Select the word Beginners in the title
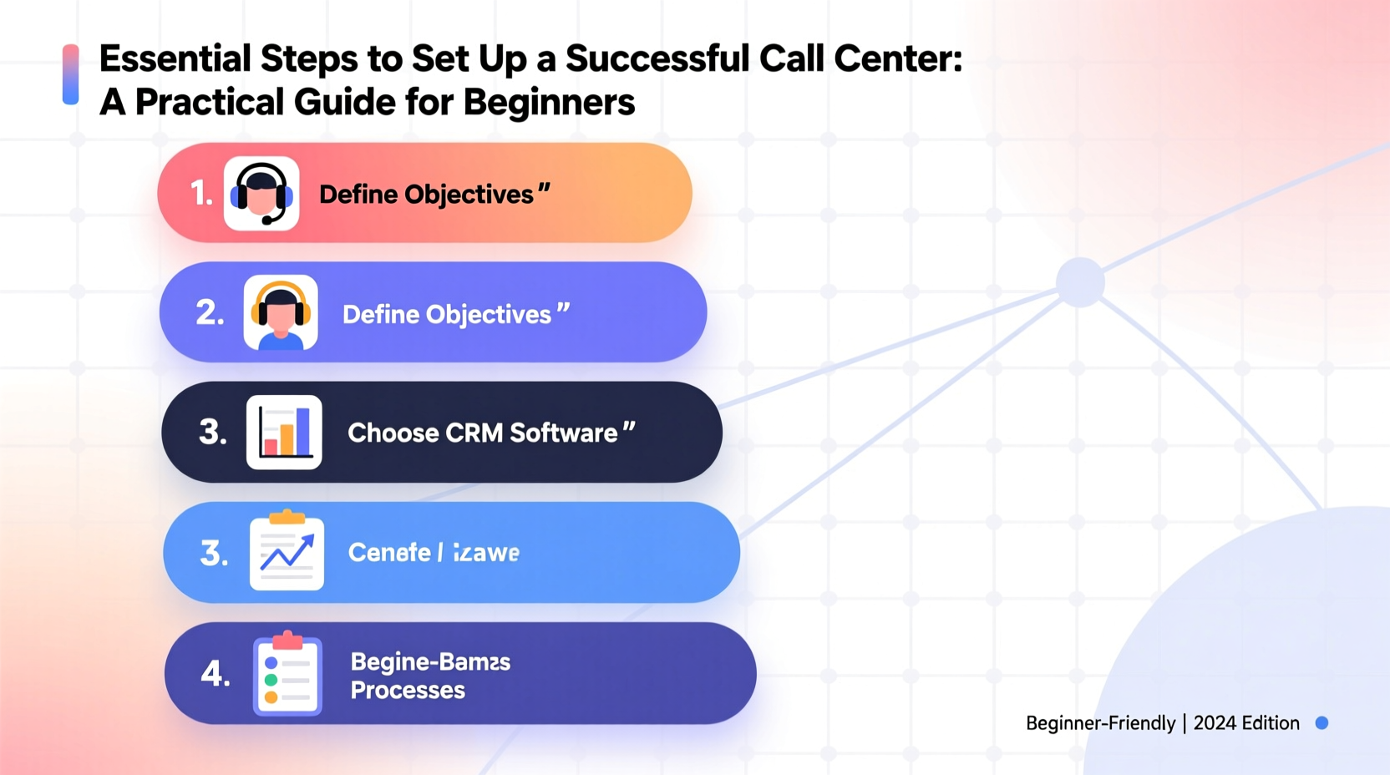(549, 103)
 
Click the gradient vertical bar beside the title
(71, 75)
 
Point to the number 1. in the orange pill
(201, 194)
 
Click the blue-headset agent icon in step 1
(261, 194)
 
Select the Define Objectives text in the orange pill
(426, 195)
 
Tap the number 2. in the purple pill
(210, 313)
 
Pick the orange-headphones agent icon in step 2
(281, 312)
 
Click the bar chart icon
(284, 432)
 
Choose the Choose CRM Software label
(483, 433)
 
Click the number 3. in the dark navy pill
(212, 433)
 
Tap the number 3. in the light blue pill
(214, 553)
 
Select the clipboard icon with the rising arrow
(287, 552)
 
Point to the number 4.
(215, 674)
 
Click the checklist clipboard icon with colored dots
(287, 673)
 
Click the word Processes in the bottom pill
(408, 691)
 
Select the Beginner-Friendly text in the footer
(1100, 723)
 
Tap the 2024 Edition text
(1246, 723)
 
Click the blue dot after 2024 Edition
(1322, 723)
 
